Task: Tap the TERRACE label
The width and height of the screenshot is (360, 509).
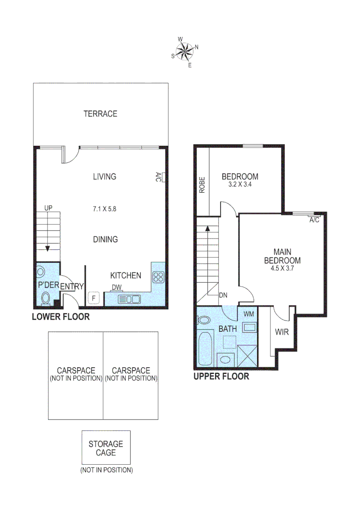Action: click(x=100, y=114)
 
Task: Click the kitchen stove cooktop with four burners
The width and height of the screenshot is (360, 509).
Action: click(x=158, y=277)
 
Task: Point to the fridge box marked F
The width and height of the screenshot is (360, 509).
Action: click(x=94, y=298)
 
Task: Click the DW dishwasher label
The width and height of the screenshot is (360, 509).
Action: click(x=116, y=287)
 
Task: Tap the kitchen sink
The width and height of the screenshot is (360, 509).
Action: click(x=129, y=299)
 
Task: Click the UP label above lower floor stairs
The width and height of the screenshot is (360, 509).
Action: click(x=48, y=207)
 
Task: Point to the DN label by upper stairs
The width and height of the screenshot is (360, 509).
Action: click(x=223, y=296)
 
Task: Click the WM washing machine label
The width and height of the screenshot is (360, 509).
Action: click(x=248, y=313)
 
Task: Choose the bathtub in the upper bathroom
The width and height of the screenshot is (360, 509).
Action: click(x=205, y=348)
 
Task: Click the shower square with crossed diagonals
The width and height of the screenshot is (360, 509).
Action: click(x=248, y=355)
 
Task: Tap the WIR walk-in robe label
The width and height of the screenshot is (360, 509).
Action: click(x=282, y=331)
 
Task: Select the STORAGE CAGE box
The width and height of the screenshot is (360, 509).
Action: click(x=106, y=447)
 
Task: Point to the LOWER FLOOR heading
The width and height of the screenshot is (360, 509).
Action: click(x=60, y=317)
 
